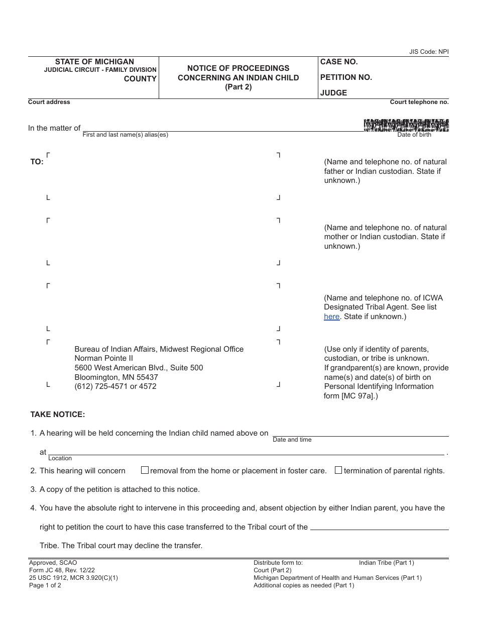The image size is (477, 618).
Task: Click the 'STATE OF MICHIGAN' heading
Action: (x=94, y=61)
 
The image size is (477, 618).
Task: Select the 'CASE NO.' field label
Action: (x=339, y=62)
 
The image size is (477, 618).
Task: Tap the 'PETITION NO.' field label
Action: (x=346, y=77)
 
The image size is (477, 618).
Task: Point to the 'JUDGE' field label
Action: (x=333, y=93)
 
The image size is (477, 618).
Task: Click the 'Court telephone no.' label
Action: (x=419, y=102)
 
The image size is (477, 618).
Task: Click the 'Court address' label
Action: (x=49, y=102)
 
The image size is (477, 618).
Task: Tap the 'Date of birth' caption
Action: (x=414, y=135)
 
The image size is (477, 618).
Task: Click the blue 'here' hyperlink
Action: (x=331, y=317)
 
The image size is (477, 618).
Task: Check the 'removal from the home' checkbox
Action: (x=145, y=470)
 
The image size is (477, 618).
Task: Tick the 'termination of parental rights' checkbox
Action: (x=338, y=470)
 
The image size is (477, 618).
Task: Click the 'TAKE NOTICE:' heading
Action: (x=58, y=415)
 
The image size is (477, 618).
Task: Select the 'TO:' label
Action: (x=37, y=162)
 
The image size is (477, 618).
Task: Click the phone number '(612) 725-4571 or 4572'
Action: (x=115, y=386)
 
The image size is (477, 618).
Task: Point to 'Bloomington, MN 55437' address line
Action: (x=116, y=377)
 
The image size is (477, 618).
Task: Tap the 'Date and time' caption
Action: (x=292, y=440)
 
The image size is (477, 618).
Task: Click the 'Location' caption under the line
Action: (x=60, y=458)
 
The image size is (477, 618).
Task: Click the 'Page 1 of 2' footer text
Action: (x=45, y=585)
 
